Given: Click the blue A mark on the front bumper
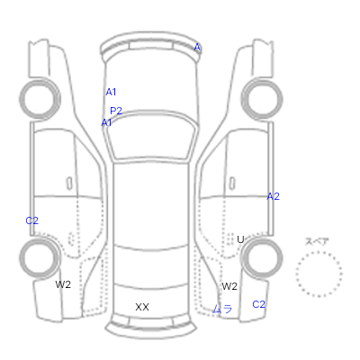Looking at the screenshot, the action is pyautogui.click(x=197, y=47).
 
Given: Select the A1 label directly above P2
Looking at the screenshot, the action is pyautogui.click(x=111, y=92).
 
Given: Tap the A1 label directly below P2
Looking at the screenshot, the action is pyautogui.click(x=106, y=122).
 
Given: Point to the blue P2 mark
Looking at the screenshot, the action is pyautogui.click(x=116, y=111).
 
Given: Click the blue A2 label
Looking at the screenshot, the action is pyautogui.click(x=273, y=196).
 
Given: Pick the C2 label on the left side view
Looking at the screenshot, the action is pyautogui.click(x=32, y=220).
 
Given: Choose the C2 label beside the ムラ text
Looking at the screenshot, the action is pyautogui.click(x=258, y=304).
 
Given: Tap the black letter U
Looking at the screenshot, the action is pyautogui.click(x=240, y=239).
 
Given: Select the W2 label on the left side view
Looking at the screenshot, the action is pyautogui.click(x=63, y=284).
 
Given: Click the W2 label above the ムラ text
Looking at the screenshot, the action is pyautogui.click(x=229, y=286).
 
